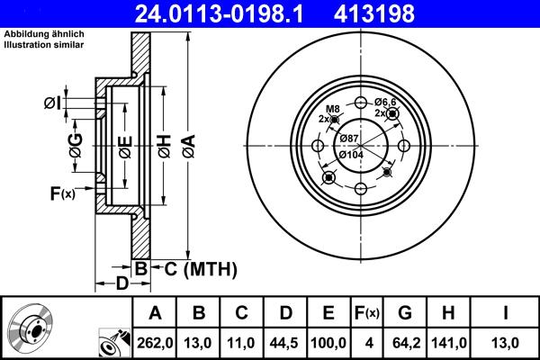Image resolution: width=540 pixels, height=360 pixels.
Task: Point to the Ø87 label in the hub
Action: coord(350,138)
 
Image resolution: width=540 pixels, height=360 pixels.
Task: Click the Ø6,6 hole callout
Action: coord(388,102)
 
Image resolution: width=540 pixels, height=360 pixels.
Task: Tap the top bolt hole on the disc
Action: coord(360,102)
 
